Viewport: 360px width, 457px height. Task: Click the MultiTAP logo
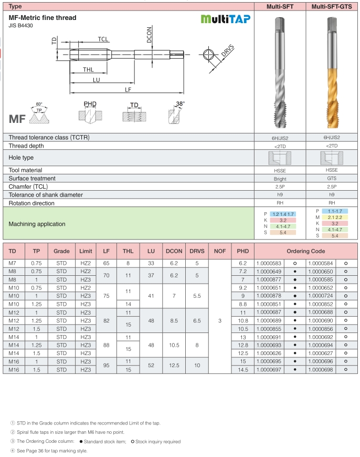click(226, 19)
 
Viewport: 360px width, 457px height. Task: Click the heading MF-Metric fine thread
click(43, 18)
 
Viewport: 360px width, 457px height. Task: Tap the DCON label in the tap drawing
click(150, 34)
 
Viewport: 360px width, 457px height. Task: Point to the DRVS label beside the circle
click(227, 51)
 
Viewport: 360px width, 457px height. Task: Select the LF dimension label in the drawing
click(128, 90)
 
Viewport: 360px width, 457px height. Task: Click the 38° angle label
click(181, 104)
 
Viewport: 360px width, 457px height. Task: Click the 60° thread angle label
click(39, 104)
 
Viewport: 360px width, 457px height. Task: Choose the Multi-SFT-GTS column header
click(332, 7)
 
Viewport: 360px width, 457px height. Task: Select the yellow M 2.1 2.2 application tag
click(335, 217)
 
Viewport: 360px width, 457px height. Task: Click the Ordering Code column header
click(305, 251)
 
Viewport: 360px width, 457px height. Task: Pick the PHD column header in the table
click(242, 251)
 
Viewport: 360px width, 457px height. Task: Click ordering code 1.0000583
click(269, 263)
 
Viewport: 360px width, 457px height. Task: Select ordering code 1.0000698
click(321, 370)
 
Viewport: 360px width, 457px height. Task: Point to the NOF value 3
click(220, 320)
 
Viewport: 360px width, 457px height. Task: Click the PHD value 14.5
click(242, 370)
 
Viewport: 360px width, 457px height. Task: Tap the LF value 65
click(106, 263)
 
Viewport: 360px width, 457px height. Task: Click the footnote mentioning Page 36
click(49, 451)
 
